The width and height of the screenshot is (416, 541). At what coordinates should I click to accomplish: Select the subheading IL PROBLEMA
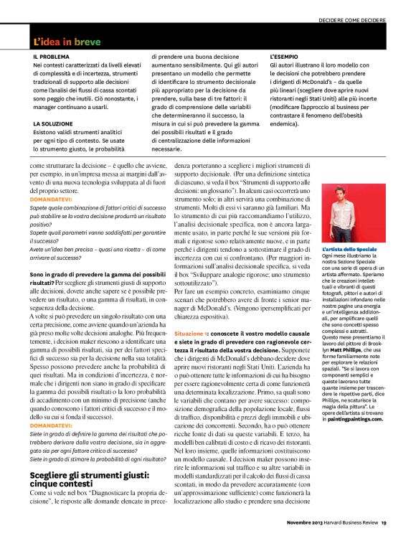(x=52, y=55)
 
